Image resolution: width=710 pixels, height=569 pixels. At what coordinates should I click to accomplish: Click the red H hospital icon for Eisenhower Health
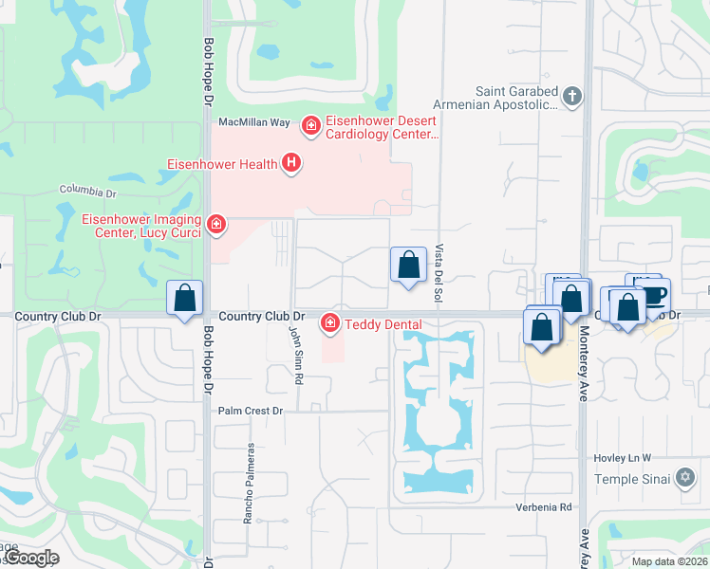point(291,164)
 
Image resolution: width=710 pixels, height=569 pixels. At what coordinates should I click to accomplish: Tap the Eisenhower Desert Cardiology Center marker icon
point(310,125)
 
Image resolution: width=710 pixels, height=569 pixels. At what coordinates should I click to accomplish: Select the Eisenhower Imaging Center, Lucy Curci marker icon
point(216,224)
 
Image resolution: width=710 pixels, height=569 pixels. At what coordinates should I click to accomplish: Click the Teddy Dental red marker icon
point(330,324)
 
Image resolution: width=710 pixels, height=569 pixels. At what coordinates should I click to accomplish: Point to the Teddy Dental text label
point(383,324)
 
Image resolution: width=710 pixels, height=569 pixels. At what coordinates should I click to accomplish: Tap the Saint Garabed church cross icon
point(571,96)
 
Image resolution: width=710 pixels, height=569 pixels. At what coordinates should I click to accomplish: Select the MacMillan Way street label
point(253,122)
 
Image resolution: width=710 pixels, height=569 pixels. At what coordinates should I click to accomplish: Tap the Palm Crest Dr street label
point(251,411)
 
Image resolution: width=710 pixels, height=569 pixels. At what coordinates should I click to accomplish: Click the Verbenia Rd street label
point(544,507)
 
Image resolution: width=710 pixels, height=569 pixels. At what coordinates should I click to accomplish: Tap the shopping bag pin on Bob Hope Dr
point(185,297)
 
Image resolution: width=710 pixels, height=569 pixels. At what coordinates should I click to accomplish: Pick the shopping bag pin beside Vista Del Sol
point(408,265)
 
